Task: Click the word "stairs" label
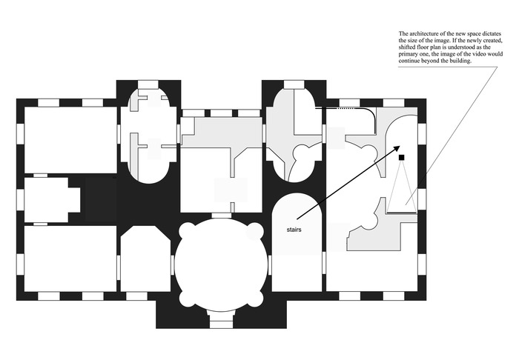point(294,230)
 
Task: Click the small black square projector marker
point(402,157)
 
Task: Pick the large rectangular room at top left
point(70,139)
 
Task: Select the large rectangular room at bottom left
point(70,259)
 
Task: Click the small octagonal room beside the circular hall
point(145,259)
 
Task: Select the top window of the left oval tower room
point(148,84)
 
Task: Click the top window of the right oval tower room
point(294,84)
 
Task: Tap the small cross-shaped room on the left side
point(53,200)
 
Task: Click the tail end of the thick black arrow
point(297,219)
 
